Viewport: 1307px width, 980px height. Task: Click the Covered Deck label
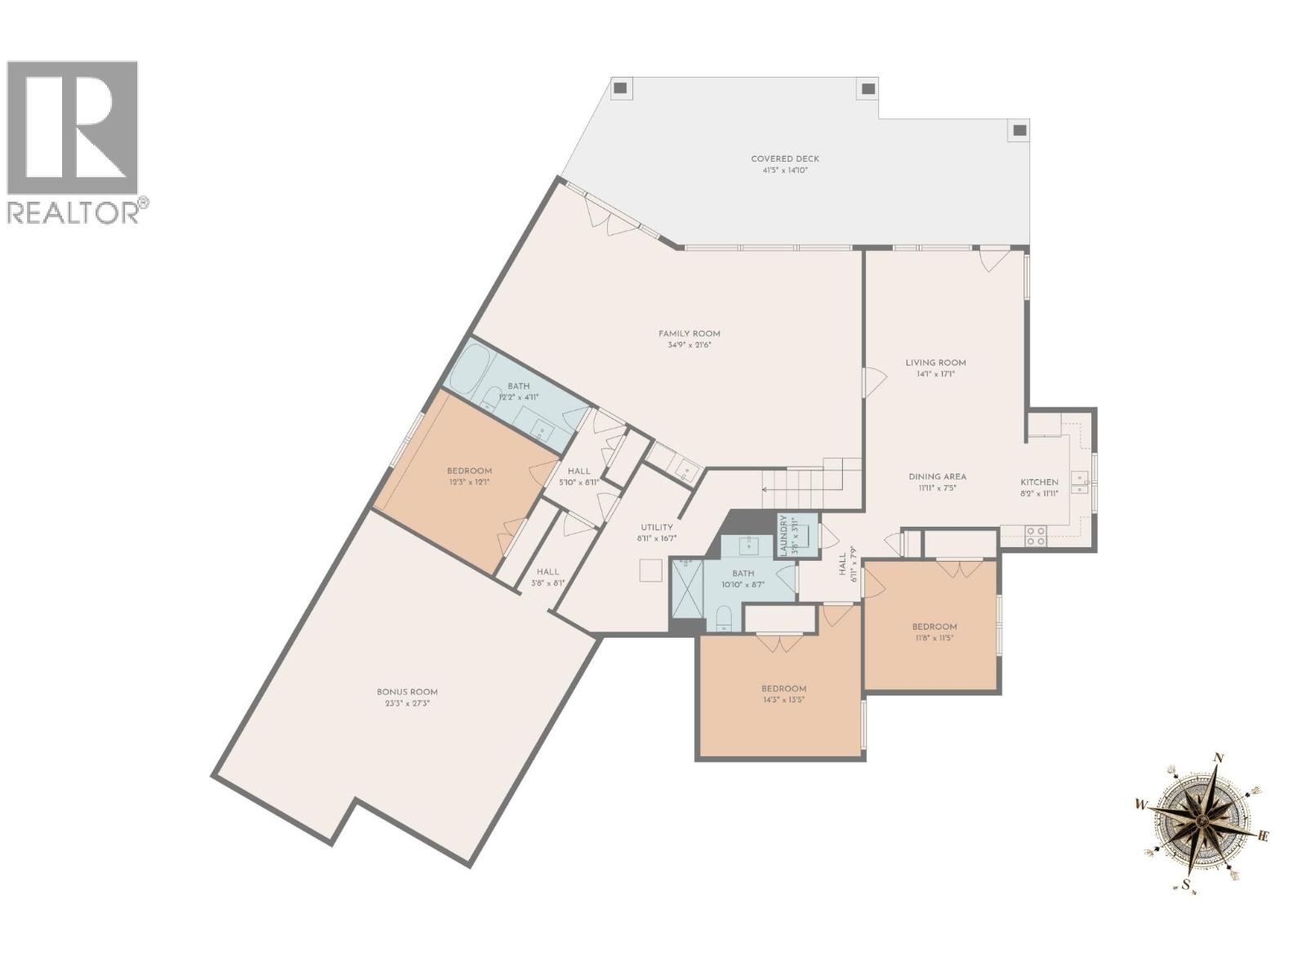pos(784,159)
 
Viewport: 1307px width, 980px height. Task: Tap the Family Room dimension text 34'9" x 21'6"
pos(689,345)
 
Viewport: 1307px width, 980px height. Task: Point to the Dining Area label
pos(937,477)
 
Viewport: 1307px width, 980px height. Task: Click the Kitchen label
pos(1039,483)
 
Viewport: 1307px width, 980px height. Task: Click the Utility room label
pos(657,528)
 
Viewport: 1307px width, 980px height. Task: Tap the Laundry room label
pos(783,536)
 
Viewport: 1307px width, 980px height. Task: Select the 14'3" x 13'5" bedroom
pos(783,693)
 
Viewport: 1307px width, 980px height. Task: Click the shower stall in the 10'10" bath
pos(686,589)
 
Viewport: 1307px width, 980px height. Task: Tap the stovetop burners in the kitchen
pos(1036,535)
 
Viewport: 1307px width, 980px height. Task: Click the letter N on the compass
pos(1219,758)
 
